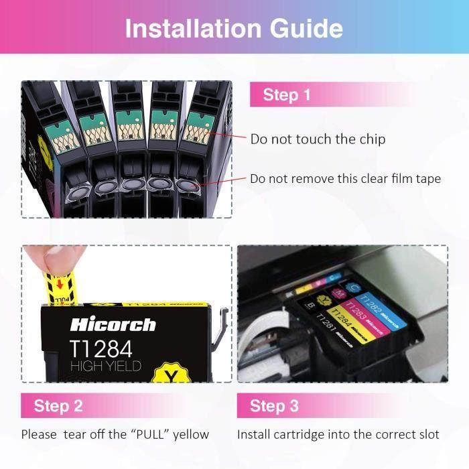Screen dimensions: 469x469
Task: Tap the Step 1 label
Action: [287, 95]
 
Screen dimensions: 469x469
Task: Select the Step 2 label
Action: [58, 405]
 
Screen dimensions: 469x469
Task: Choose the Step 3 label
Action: [274, 405]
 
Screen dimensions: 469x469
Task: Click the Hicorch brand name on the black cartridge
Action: [113, 326]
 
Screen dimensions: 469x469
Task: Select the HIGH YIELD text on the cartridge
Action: [105, 366]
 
